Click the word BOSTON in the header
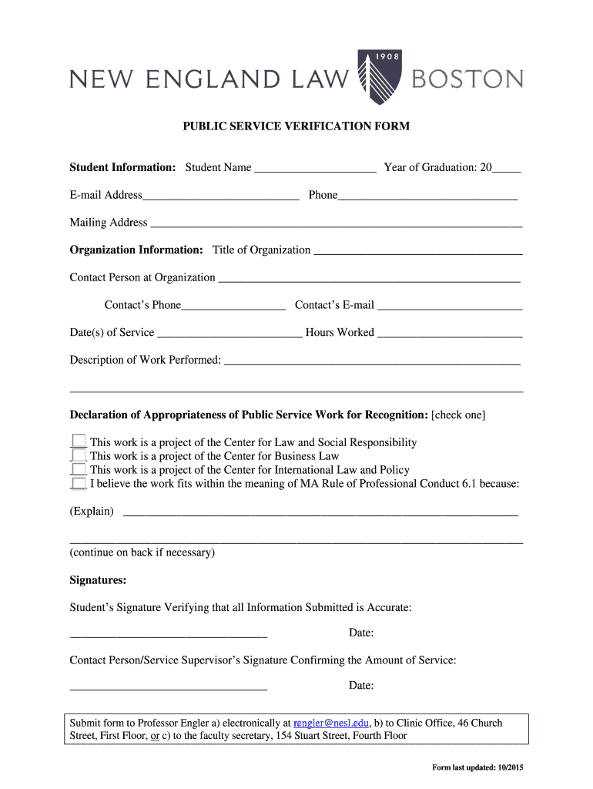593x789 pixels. tap(467, 79)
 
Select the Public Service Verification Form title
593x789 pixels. tap(296, 126)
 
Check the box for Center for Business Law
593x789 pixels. tap(78, 455)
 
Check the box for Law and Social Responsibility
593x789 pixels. tap(78, 442)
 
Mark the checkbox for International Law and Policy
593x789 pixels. tap(78, 469)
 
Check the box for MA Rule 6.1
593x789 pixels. tap(78, 483)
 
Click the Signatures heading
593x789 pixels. tap(98, 579)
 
